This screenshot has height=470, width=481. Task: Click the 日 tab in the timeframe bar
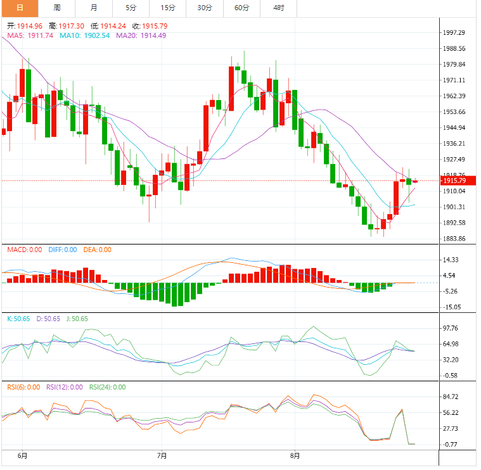19,8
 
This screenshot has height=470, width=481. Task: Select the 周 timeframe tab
57,8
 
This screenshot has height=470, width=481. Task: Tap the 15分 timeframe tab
168,8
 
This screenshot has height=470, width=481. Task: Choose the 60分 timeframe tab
241,8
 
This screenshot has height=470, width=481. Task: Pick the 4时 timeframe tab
279,8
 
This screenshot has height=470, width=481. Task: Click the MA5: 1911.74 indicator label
30,35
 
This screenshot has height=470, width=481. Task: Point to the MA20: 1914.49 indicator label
141,35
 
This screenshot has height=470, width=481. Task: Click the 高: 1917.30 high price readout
67,26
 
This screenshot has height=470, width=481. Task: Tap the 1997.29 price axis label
454,32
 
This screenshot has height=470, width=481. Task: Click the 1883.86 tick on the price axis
454,239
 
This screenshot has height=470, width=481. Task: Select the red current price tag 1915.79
455,181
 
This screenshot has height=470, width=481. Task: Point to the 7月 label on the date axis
162,455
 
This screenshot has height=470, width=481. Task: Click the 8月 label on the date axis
294,455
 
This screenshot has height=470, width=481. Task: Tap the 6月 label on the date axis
22,455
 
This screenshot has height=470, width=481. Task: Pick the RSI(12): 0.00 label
64,387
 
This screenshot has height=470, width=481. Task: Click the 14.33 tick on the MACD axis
451,260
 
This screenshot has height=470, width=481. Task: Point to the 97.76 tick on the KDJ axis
451,328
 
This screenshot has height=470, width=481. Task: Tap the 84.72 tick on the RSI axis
451,397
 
